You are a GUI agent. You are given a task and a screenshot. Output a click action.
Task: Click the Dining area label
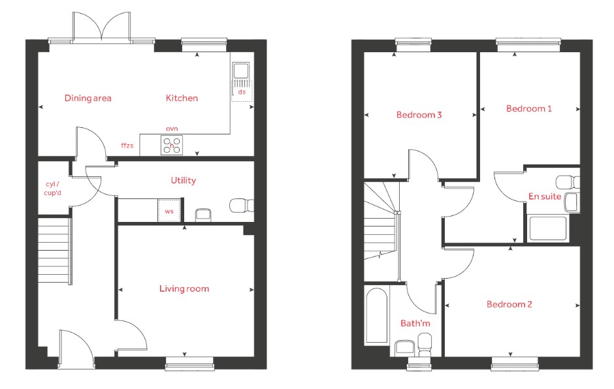click(x=88, y=98)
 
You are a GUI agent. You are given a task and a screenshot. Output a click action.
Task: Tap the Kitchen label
click(x=182, y=98)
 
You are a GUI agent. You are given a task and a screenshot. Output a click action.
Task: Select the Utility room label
click(x=184, y=180)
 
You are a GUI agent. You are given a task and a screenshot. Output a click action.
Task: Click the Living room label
click(x=184, y=289)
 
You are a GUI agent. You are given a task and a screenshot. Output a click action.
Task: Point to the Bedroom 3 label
click(x=419, y=115)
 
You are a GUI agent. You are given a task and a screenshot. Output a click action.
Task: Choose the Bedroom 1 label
click(x=528, y=108)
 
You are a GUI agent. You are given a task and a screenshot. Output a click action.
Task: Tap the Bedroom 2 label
click(x=509, y=304)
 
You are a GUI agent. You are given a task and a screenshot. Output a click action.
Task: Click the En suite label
click(x=545, y=196)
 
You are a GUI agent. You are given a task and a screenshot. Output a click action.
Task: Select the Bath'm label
click(x=415, y=323)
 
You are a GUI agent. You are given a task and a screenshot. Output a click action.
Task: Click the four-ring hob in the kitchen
click(x=172, y=145)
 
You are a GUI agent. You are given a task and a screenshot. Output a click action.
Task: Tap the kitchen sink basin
click(x=240, y=71)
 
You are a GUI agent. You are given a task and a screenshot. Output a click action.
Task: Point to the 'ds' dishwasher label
click(x=242, y=92)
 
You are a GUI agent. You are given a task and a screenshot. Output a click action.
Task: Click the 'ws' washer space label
click(x=169, y=211)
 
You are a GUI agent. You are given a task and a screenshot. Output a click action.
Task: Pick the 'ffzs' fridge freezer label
click(x=127, y=146)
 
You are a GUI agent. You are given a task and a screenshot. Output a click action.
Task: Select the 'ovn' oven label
click(x=172, y=129)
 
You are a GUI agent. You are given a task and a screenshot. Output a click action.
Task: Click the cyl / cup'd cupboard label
click(x=52, y=188)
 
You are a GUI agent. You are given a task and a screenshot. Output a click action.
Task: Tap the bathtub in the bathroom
click(x=376, y=316)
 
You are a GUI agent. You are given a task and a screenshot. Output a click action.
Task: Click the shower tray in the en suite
click(x=548, y=228)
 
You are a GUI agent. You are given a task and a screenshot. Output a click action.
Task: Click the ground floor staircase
click(x=55, y=251)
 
